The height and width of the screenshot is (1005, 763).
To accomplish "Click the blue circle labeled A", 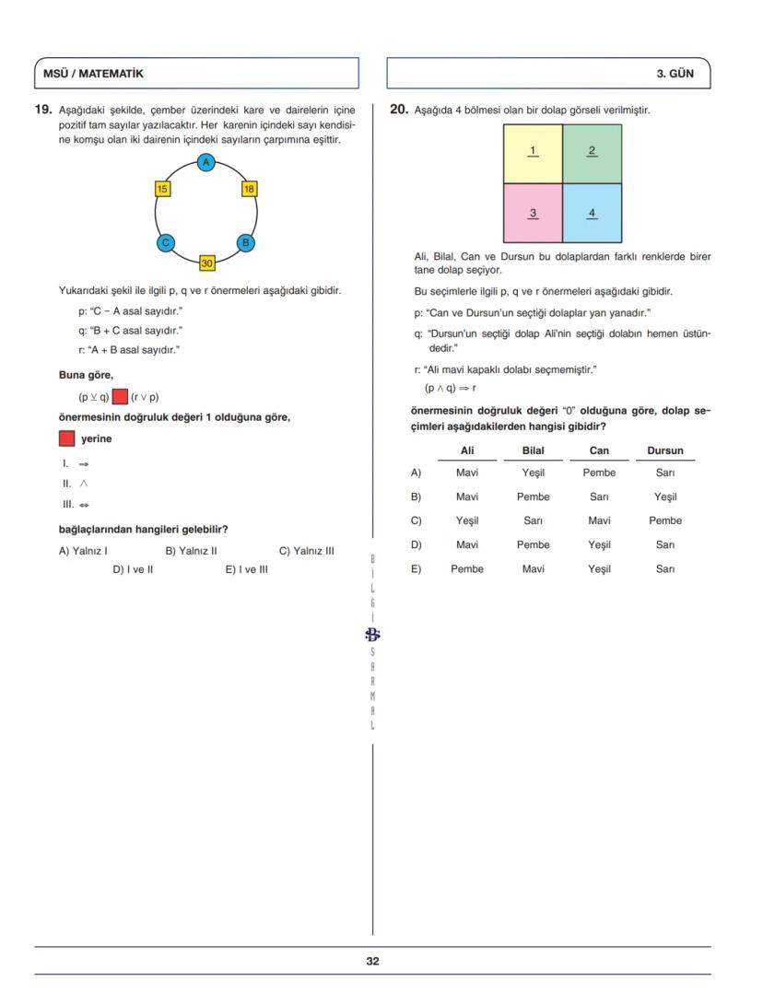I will tap(206, 162).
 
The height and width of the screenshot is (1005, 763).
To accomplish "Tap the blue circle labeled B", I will tap(245, 243).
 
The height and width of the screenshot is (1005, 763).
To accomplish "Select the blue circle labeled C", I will tap(166, 243).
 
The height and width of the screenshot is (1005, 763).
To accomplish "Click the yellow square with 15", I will tap(162, 189).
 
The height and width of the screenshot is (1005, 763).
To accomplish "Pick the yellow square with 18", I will tap(249, 189).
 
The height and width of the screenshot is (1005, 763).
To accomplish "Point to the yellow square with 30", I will tap(207, 263).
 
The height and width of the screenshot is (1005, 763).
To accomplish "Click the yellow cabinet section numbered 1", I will tap(533, 154).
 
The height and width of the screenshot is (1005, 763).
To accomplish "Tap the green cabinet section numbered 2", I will tap(592, 154).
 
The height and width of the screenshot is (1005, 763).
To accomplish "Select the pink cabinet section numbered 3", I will tap(533, 213).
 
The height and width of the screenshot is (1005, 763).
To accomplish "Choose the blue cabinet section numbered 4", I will tap(592, 213).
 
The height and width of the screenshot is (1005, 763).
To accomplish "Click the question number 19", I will tap(43, 109).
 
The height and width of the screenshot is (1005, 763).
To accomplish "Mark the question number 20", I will tap(398, 109).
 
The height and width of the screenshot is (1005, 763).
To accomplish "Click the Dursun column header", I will tap(664, 450).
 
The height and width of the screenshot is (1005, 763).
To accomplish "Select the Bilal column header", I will tap(533, 450).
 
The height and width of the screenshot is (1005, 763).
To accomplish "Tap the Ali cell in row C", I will tap(467, 520).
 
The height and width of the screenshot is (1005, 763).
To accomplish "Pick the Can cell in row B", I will tap(599, 497).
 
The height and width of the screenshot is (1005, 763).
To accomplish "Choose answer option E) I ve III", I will tap(247, 569).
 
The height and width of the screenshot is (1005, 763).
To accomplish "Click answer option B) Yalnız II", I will tap(191, 551).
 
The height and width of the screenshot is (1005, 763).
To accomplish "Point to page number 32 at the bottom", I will tap(372, 961).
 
